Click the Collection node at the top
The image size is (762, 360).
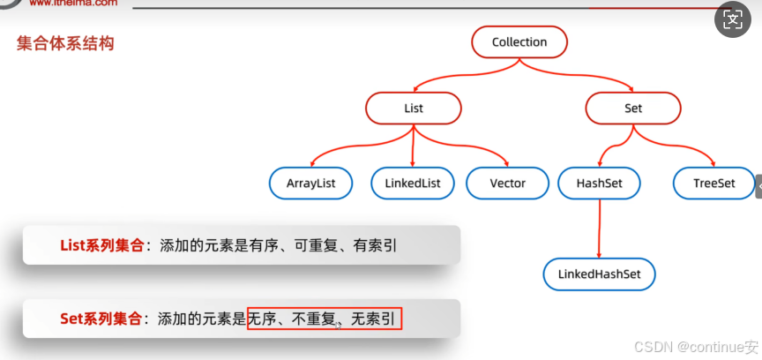click(x=519, y=42)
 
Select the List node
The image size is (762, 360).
click(x=414, y=109)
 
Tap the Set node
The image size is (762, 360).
click(x=633, y=109)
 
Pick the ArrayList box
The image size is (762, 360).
click(x=310, y=184)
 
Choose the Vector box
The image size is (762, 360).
click(x=507, y=184)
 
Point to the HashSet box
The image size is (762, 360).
click(x=600, y=184)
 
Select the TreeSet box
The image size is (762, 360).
click(x=714, y=184)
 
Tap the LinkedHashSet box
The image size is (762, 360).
click(x=600, y=274)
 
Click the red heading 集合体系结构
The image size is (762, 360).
click(x=65, y=43)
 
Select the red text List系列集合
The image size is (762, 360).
click(x=101, y=246)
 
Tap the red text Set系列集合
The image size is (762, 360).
click(x=99, y=319)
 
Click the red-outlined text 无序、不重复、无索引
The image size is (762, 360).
click(x=325, y=319)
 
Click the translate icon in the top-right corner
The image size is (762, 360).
click(x=733, y=20)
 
